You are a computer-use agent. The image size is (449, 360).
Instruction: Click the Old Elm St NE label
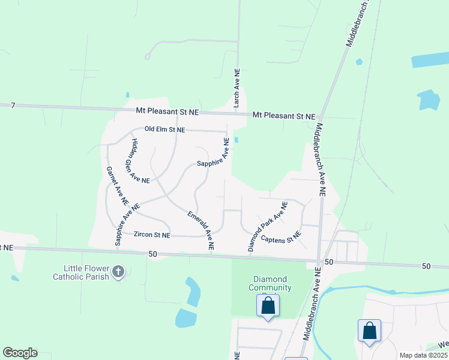(165, 129)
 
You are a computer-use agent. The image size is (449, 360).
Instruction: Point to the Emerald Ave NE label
(200, 230)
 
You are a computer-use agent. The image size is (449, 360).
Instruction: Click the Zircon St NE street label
(152, 235)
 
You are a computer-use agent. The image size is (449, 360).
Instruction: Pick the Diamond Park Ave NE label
(268, 226)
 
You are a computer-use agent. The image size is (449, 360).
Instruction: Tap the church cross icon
(118, 272)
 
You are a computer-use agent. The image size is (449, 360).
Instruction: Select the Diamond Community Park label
(270, 283)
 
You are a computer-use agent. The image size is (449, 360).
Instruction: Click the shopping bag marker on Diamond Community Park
(268, 305)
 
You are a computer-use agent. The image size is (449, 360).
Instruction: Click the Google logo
(20, 353)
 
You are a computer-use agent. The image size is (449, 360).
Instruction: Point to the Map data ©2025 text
(423, 355)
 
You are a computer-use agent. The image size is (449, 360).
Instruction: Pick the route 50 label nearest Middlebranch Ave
(328, 262)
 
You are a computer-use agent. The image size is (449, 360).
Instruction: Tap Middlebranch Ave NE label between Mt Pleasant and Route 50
(319, 160)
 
